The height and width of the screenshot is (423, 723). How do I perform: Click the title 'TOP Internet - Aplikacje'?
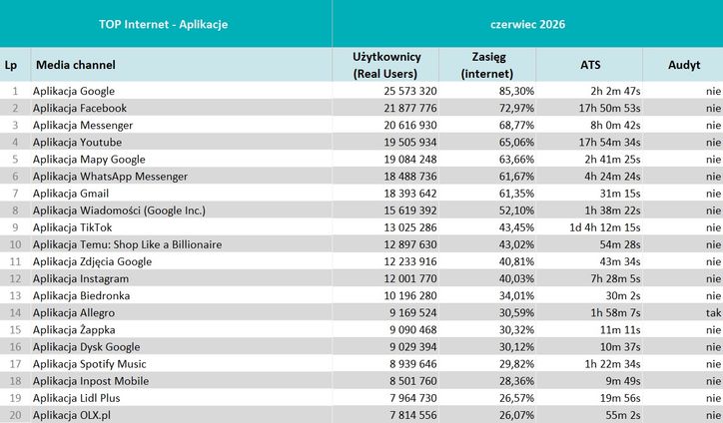pyautogui.click(x=163, y=24)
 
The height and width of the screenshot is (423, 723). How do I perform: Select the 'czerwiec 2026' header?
pyautogui.click(x=527, y=24)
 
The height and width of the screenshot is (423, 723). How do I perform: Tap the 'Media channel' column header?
pyautogui.click(x=76, y=65)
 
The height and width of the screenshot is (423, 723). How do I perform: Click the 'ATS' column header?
pyautogui.click(x=590, y=65)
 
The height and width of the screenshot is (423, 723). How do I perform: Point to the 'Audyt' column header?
pyautogui.click(x=684, y=65)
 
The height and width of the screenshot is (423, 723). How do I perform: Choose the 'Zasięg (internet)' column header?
pyautogui.click(x=488, y=65)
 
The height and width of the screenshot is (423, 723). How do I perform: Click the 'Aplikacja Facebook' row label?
pyautogui.click(x=80, y=109)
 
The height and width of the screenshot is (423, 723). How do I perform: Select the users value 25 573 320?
pyautogui.click(x=409, y=91)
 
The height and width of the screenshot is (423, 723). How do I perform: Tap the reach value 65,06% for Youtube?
pyautogui.click(x=516, y=143)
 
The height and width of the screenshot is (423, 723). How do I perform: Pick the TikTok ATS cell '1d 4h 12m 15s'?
pyautogui.click(x=605, y=227)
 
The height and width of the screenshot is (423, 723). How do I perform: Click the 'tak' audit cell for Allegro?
pyautogui.click(x=713, y=313)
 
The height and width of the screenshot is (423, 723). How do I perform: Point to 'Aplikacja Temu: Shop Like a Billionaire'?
pyautogui.click(x=127, y=244)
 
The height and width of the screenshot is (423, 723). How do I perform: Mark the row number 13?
pyautogui.click(x=15, y=296)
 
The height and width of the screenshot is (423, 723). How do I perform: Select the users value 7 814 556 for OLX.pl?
pyautogui.click(x=412, y=415)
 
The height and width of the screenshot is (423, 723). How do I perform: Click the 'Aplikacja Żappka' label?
pyautogui.click(x=74, y=330)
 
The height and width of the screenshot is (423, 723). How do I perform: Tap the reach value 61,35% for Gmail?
pyautogui.click(x=516, y=194)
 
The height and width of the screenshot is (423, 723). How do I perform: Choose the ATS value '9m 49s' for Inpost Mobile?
pyautogui.click(x=623, y=381)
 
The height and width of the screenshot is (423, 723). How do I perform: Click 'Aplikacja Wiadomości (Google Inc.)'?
pyautogui.click(x=119, y=211)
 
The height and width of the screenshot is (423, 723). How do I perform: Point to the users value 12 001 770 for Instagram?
pyautogui.click(x=409, y=278)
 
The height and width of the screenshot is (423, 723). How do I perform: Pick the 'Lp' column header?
pyautogui.click(x=11, y=65)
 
